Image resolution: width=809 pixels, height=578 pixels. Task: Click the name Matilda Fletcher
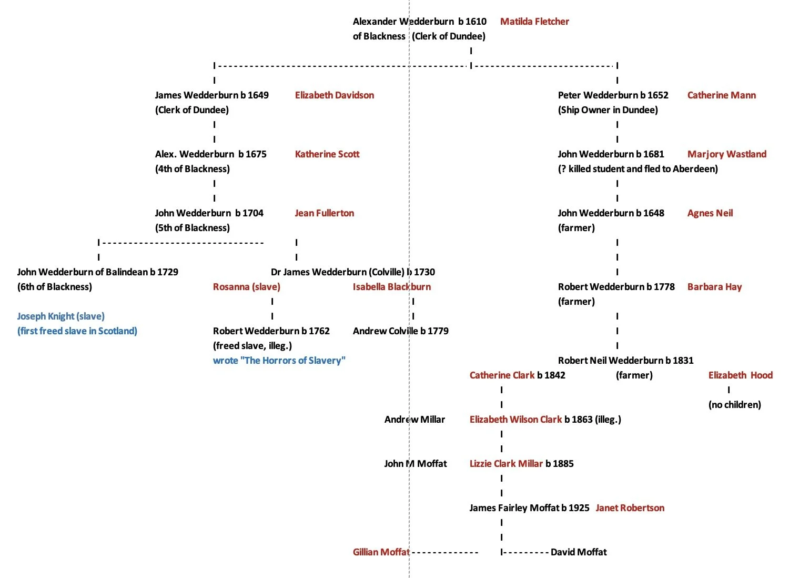[x=534, y=22]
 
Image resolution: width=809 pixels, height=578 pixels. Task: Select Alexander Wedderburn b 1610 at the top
[x=419, y=22]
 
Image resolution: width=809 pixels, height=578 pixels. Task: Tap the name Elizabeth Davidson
[x=335, y=95]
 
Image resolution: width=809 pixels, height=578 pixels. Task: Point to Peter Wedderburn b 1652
[x=613, y=95]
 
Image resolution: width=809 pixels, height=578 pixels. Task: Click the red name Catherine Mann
[x=721, y=95]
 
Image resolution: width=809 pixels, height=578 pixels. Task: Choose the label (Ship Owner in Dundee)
[x=608, y=110]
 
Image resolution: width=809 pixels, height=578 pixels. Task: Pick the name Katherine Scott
[x=327, y=154]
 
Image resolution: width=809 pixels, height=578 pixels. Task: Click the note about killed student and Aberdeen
[x=638, y=169]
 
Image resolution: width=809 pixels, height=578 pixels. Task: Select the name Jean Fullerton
[x=324, y=213]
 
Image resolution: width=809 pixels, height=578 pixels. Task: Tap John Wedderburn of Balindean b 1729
[x=97, y=272]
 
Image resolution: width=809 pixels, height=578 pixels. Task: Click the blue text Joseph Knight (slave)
[x=60, y=316]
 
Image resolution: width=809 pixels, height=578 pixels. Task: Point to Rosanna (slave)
[x=246, y=287]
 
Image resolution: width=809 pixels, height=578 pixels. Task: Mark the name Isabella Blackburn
[x=391, y=287]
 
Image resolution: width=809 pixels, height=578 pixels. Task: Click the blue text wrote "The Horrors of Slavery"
[x=279, y=361]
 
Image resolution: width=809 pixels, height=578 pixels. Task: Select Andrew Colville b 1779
[x=400, y=331]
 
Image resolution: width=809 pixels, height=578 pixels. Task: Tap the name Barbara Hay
[x=714, y=287]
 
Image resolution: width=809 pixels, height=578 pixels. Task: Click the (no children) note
[x=734, y=405]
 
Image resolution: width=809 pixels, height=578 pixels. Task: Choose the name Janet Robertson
[x=630, y=508]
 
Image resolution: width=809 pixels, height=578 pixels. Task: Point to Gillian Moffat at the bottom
[x=381, y=552]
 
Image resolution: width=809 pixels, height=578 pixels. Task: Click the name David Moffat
[x=579, y=552]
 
